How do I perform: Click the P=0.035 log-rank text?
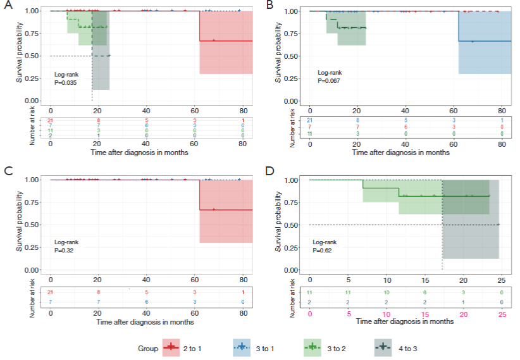point(66,82)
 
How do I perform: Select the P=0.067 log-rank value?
point(329,81)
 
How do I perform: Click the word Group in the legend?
point(147,348)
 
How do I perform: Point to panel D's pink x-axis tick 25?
point(503,314)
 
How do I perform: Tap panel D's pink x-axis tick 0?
point(310,314)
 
